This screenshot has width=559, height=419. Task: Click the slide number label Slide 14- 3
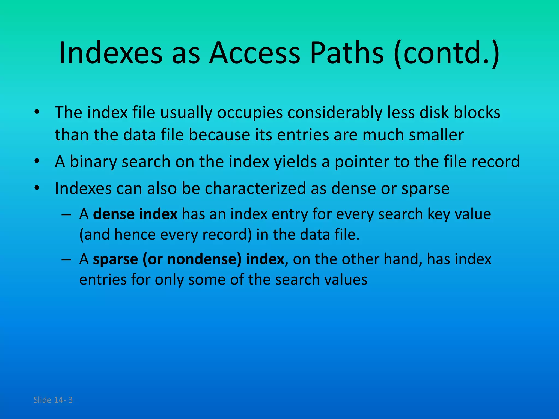tap(53, 400)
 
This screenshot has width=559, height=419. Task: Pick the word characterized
tap(255, 188)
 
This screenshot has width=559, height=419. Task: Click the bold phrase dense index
tap(135, 214)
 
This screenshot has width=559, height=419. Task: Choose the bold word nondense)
tap(204, 259)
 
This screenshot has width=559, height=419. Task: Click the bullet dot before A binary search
tap(37, 161)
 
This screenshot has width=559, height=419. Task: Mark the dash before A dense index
tap(66, 214)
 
